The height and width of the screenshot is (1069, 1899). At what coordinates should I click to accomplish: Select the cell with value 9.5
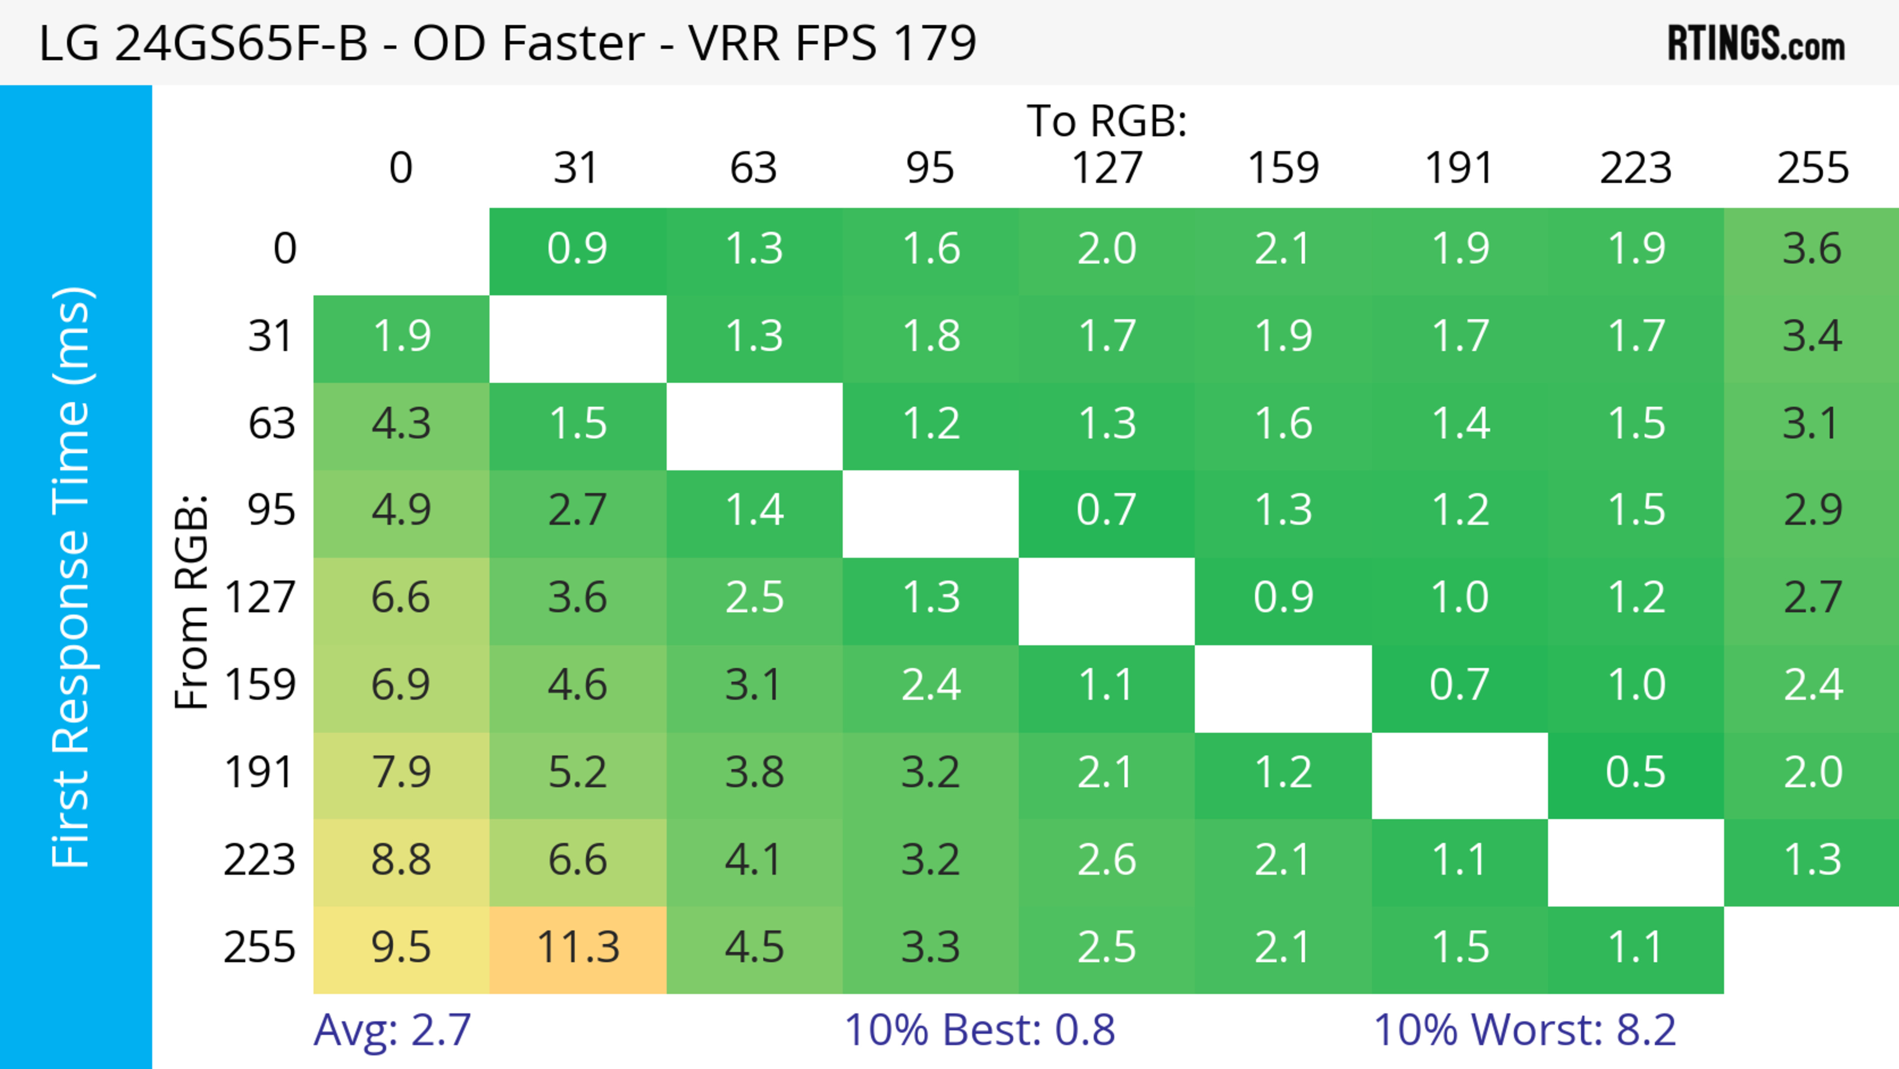[x=401, y=948]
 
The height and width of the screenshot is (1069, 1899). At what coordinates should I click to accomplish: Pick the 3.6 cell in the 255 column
[x=1811, y=249]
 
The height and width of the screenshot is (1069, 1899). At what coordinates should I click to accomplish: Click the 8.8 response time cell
[x=401, y=860]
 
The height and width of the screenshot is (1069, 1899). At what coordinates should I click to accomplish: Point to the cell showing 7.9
[x=401, y=773]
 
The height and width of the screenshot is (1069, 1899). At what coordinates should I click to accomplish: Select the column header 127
[x=1107, y=168]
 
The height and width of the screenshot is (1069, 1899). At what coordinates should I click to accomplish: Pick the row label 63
[x=271, y=424]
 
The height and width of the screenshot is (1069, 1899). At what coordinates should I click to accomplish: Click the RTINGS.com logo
[x=1756, y=44]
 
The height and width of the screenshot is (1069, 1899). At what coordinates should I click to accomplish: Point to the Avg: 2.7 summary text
[x=392, y=1030]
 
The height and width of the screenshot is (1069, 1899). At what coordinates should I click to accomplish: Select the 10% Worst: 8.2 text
[x=1525, y=1030]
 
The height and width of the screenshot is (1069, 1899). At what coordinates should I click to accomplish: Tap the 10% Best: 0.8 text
[x=979, y=1030]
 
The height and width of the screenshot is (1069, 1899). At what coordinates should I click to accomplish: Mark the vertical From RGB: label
[x=192, y=602]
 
